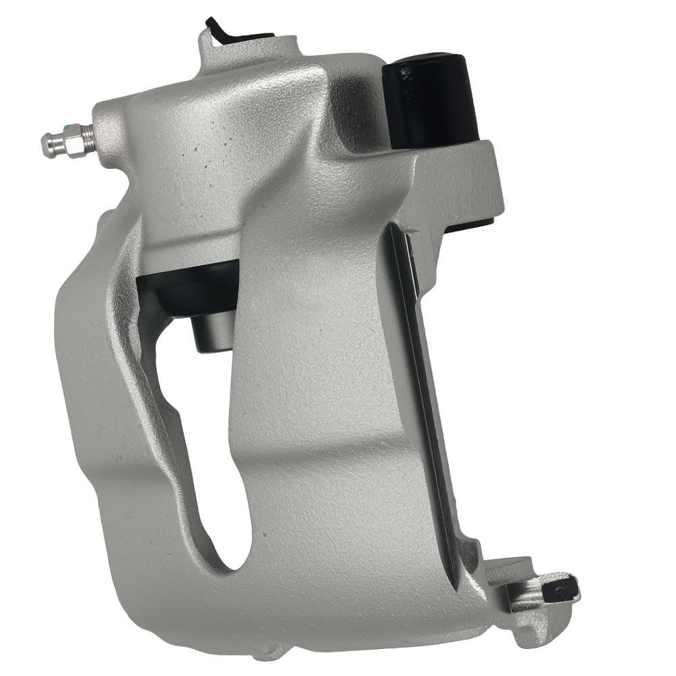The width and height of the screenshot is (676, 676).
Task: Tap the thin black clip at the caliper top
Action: coord(218,30)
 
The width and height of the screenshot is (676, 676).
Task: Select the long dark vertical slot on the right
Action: coord(422,406)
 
